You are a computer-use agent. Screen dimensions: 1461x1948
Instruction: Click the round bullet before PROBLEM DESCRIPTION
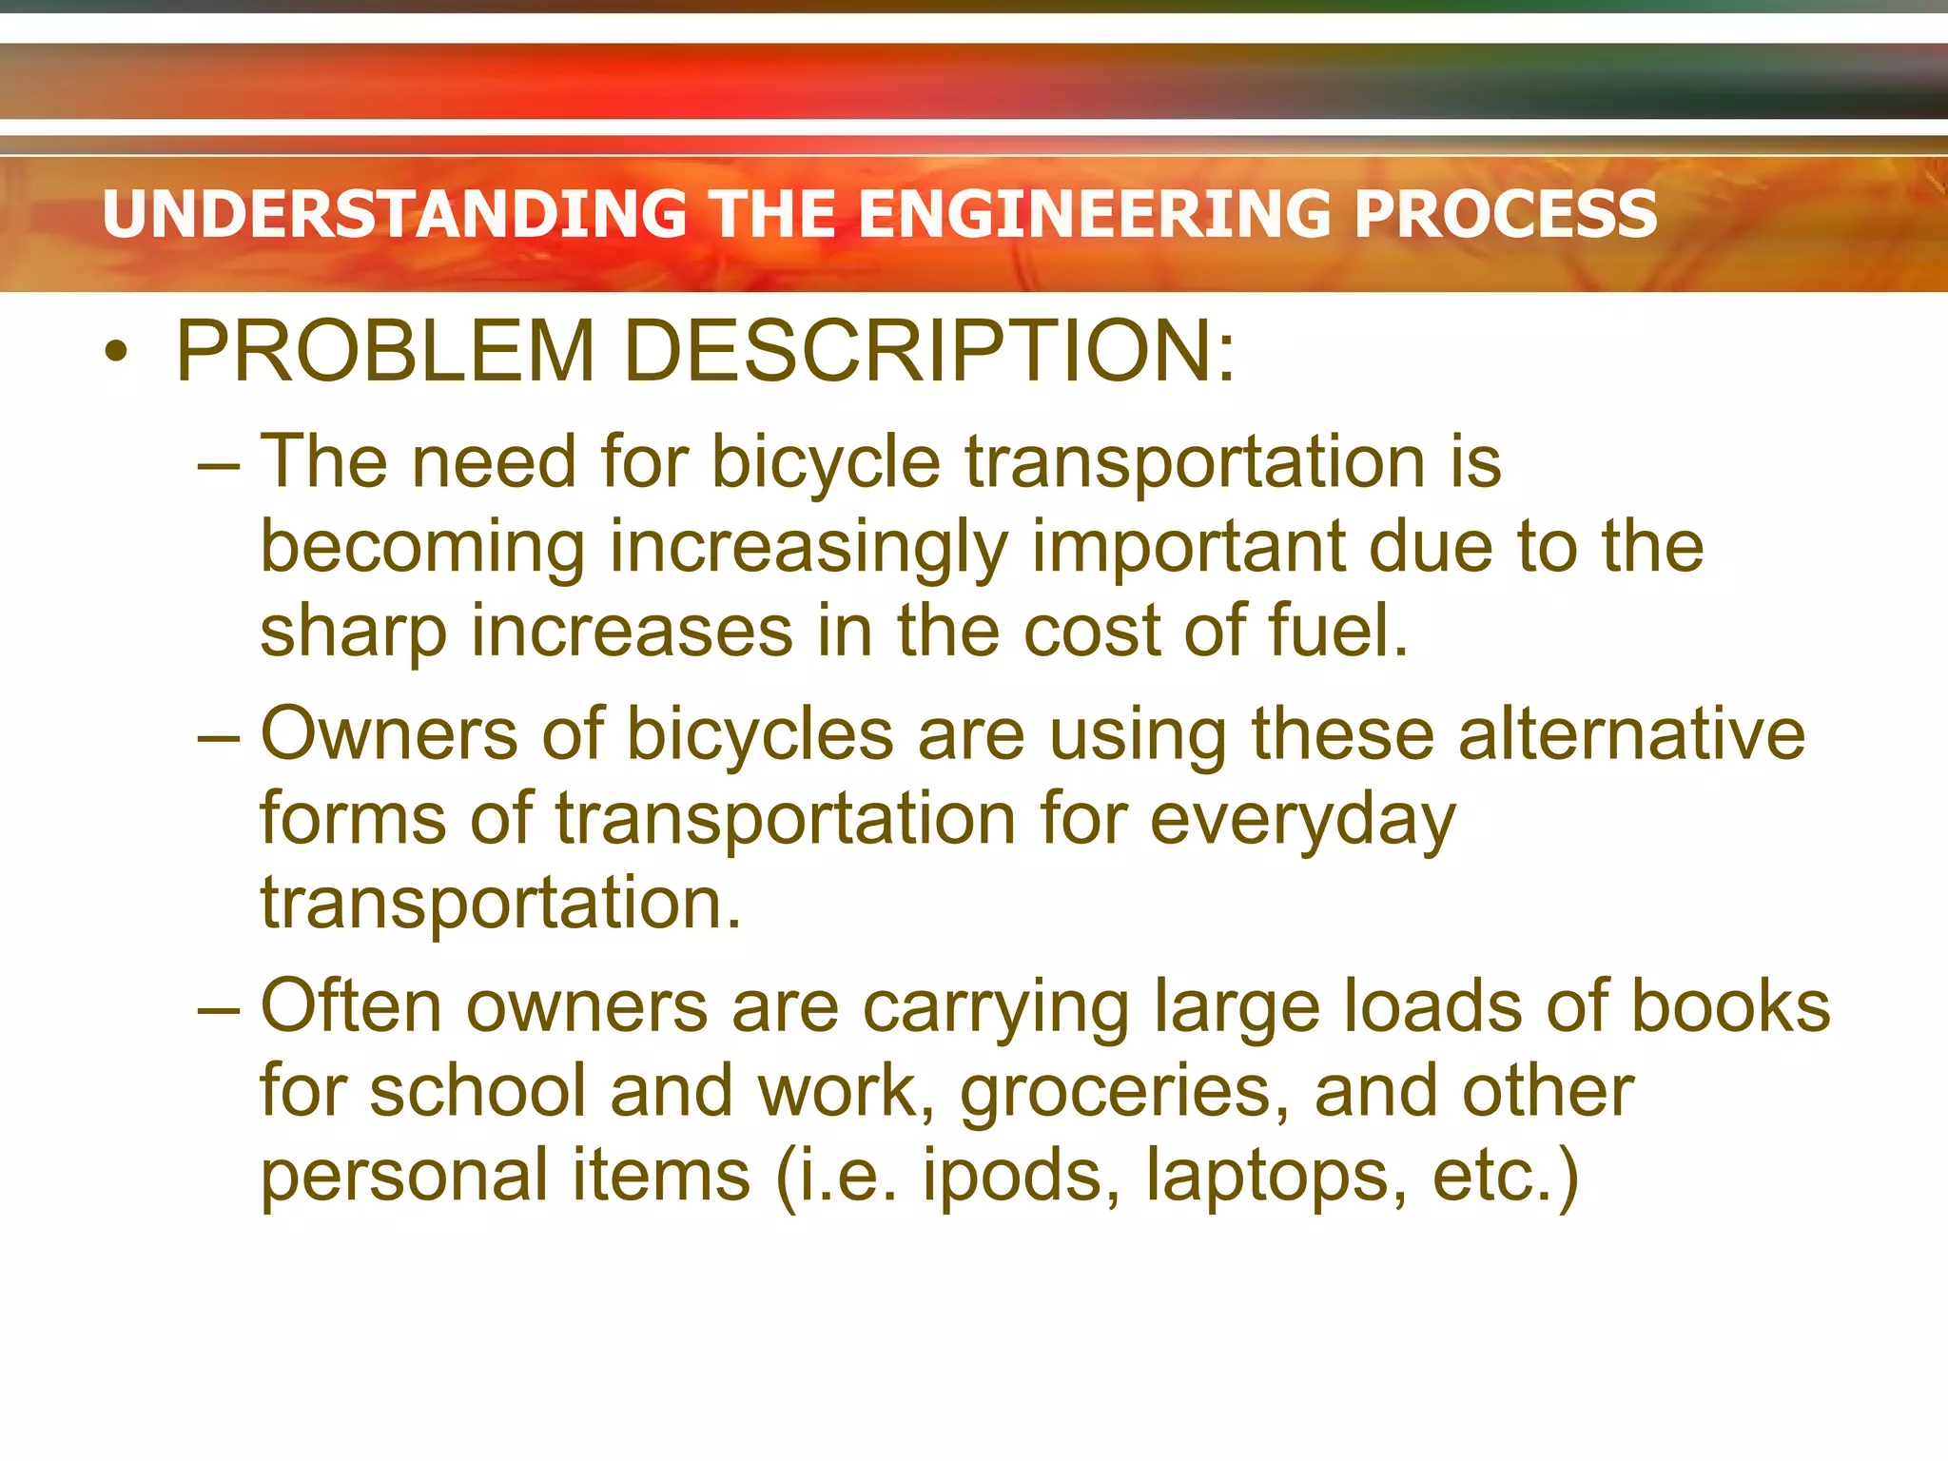point(116,353)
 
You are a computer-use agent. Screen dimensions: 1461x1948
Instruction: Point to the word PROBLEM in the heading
point(385,351)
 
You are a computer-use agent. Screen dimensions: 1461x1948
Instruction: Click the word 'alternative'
point(1630,734)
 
